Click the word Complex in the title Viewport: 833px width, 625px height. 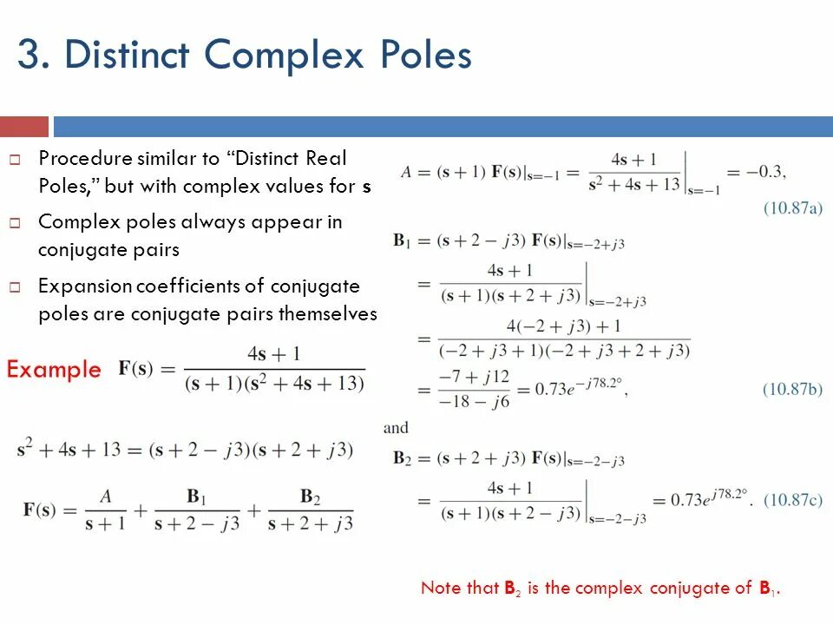tap(272, 56)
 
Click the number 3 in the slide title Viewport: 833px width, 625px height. tap(28, 56)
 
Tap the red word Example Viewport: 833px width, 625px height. tap(54, 370)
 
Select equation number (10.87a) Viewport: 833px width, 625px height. tap(792, 208)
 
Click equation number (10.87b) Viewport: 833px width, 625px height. tap(792, 389)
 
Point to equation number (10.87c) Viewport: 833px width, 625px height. tap(792, 499)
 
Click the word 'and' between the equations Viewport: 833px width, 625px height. tap(396, 428)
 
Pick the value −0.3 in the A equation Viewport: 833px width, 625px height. tap(766, 171)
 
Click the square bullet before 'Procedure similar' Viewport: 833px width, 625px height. tap(15, 160)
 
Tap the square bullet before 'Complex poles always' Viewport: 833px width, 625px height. tap(15, 223)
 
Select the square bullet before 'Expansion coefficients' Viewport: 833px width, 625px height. tap(15, 286)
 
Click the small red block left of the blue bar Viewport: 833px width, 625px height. tap(23, 127)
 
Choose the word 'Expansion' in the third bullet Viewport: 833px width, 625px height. tap(85, 286)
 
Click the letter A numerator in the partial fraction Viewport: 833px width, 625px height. tap(106, 497)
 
